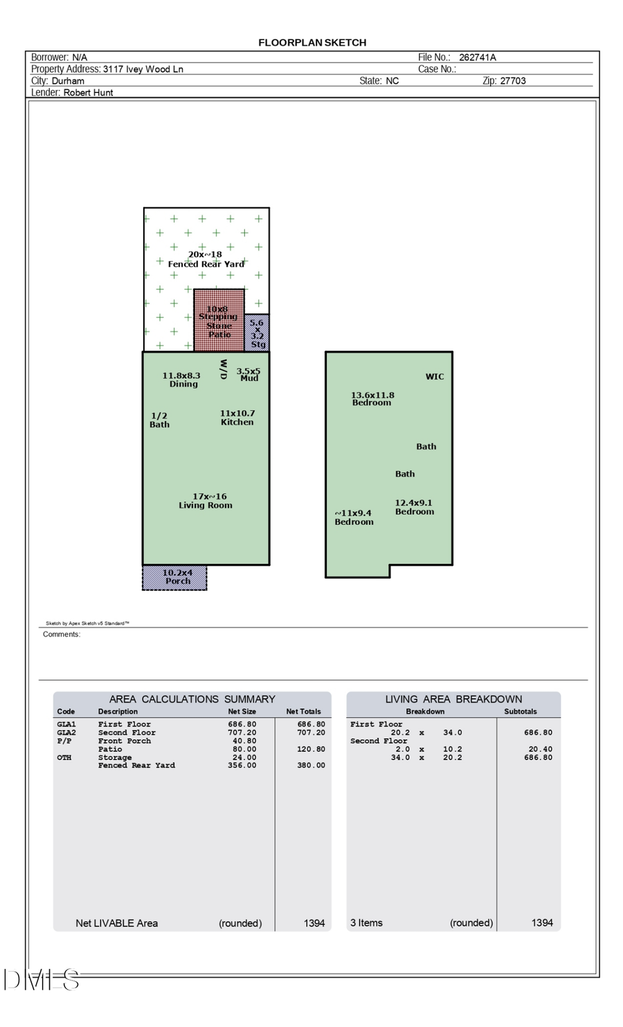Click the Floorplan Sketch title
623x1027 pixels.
pyautogui.click(x=312, y=42)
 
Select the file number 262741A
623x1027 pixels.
pyautogui.click(x=477, y=57)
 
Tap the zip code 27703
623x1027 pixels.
pyautogui.click(x=513, y=80)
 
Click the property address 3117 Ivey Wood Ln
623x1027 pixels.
pyautogui.click(x=143, y=69)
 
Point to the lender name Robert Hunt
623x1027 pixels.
pyautogui.click(x=89, y=92)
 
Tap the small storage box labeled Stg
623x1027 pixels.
pyautogui.click(x=258, y=333)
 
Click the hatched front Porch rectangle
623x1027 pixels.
pyautogui.click(x=174, y=578)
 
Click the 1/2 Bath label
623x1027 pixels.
pyautogui.click(x=159, y=420)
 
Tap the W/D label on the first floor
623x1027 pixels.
pyautogui.click(x=223, y=369)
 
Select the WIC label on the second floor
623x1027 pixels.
pyautogui.click(x=435, y=377)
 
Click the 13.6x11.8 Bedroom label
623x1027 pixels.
pyautogui.click(x=372, y=399)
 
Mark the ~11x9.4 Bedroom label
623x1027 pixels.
pyautogui.click(x=354, y=517)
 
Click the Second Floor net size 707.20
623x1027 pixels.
pyautogui.click(x=242, y=733)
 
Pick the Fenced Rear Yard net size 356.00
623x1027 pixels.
pyautogui.click(x=242, y=765)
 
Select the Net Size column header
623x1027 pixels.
pyautogui.click(x=242, y=711)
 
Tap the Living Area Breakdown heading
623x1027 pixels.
pyautogui.click(x=453, y=699)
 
